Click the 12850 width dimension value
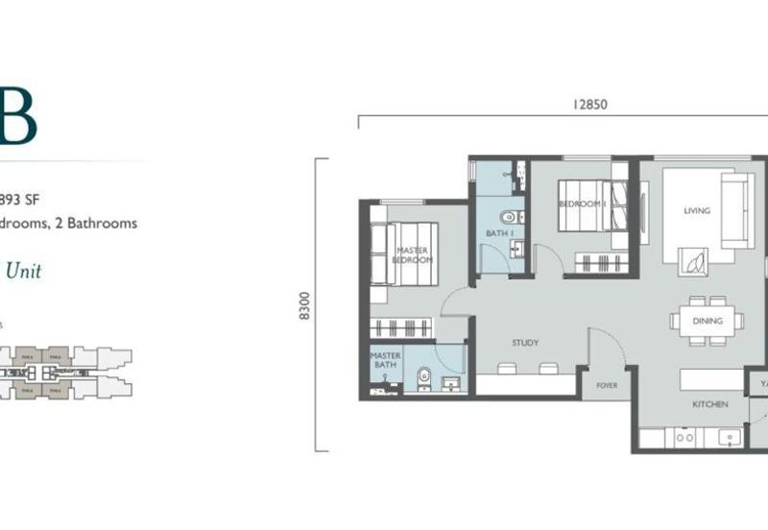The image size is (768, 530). click(x=590, y=105)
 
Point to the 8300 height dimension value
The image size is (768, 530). click(x=305, y=305)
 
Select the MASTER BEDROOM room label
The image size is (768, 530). click(x=413, y=255)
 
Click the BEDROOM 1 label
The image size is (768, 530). click(x=581, y=205)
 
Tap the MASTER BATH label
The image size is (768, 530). click(x=386, y=360)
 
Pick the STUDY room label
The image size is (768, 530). click(x=524, y=343)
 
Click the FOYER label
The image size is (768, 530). click(x=607, y=386)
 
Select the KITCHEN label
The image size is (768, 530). click(x=710, y=405)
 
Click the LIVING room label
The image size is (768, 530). click(x=696, y=211)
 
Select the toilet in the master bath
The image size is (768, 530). click(x=424, y=375)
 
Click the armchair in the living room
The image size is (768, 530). click(x=694, y=260)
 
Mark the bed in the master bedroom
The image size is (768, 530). click(x=403, y=253)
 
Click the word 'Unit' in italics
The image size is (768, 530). click(x=23, y=271)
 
